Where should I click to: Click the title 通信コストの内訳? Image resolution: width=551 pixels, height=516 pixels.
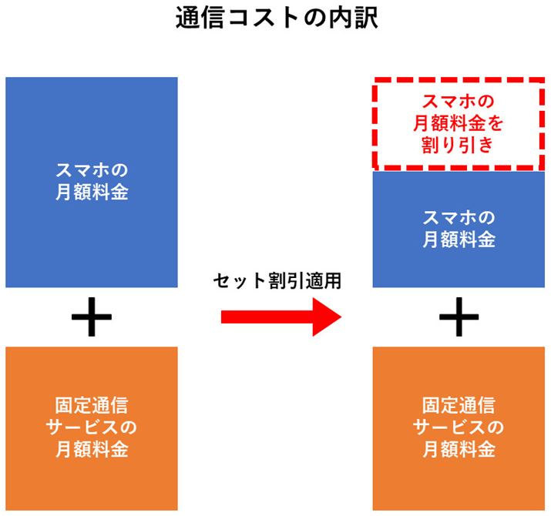[276, 18]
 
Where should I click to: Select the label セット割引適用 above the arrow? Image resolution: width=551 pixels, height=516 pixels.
[277, 281]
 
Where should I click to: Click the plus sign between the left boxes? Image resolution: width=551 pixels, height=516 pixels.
[91, 317]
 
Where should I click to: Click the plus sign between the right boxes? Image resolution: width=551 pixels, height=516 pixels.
[459, 317]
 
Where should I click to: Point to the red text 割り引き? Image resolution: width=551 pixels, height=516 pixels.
[459, 145]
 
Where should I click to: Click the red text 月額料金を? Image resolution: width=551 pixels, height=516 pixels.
[459, 123]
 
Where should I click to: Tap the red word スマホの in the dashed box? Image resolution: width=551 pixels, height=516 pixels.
[459, 102]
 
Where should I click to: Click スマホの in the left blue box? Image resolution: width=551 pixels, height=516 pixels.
[92, 171]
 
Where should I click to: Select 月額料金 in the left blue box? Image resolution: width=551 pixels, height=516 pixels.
[92, 193]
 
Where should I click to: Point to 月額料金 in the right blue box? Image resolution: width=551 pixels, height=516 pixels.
[459, 240]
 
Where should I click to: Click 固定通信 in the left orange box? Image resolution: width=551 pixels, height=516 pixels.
[92, 405]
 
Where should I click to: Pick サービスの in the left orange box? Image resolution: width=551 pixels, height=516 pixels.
[92, 427]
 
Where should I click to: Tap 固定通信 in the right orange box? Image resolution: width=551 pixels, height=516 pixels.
[459, 405]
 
